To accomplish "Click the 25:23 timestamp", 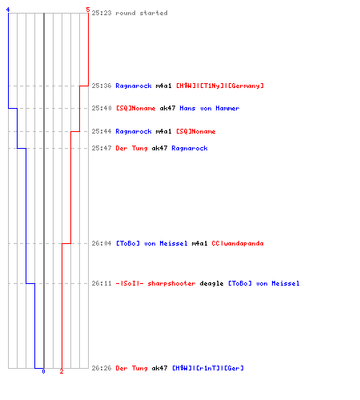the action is click(x=102, y=13).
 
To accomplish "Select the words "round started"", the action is click(x=142, y=13).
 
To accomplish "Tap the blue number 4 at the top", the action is click(x=8, y=10).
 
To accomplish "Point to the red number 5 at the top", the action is click(x=88, y=10).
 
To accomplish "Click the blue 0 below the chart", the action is click(x=44, y=371).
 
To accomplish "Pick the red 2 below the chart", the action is click(x=62, y=371).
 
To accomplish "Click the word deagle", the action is click(x=211, y=283).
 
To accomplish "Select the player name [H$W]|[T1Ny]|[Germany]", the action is click(x=220, y=86).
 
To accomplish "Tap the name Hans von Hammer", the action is click(x=210, y=108).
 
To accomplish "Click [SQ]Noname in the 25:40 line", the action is click(x=136, y=108).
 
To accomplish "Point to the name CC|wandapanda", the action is click(x=238, y=243).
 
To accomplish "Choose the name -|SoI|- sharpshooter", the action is click(x=156, y=283).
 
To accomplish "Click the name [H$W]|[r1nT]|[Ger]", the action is click(x=208, y=368).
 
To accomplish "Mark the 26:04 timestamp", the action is click(x=102, y=243).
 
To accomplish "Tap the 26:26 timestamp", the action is click(x=102, y=368).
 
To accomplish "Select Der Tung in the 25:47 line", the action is click(x=132, y=148).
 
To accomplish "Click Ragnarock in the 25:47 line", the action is click(x=190, y=148).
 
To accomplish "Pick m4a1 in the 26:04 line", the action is click(x=199, y=243).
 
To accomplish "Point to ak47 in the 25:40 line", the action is click(x=167, y=108).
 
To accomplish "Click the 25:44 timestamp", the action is click(x=102, y=131).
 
